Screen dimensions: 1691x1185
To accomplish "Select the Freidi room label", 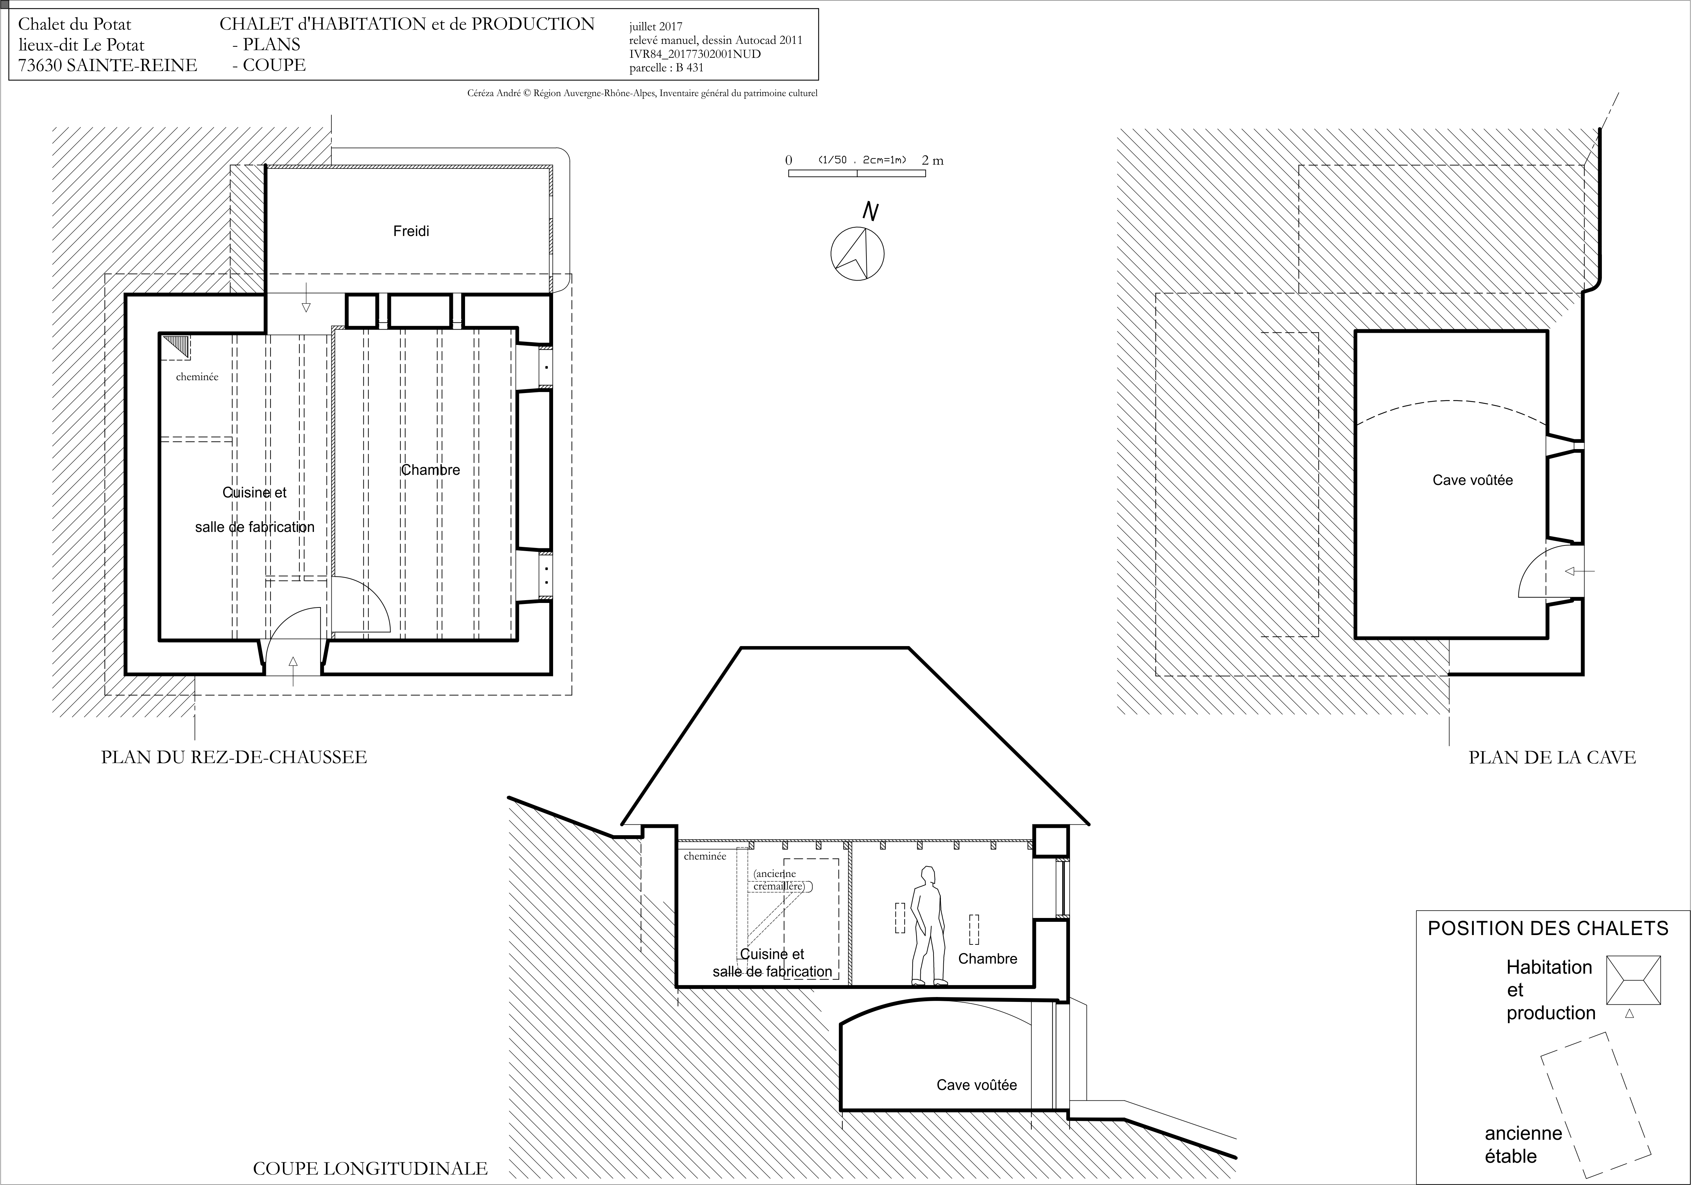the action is pyautogui.click(x=411, y=231).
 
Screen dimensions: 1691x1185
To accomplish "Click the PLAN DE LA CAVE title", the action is pyautogui.click(x=1552, y=757).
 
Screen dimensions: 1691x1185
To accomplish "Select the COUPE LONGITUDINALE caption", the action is pyautogui.click(x=370, y=1168).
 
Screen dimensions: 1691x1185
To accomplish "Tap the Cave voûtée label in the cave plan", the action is pyautogui.click(x=1472, y=480).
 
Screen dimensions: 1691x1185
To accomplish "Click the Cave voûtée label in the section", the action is pyautogui.click(x=977, y=1085).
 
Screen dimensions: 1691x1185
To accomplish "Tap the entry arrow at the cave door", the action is pyautogui.click(x=1580, y=571).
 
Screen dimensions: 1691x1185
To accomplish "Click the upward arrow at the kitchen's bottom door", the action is pyautogui.click(x=293, y=671).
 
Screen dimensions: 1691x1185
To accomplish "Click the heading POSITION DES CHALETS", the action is pyautogui.click(x=1548, y=928).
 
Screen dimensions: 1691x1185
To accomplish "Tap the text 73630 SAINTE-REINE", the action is pyautogui.click(x=108, y=65).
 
